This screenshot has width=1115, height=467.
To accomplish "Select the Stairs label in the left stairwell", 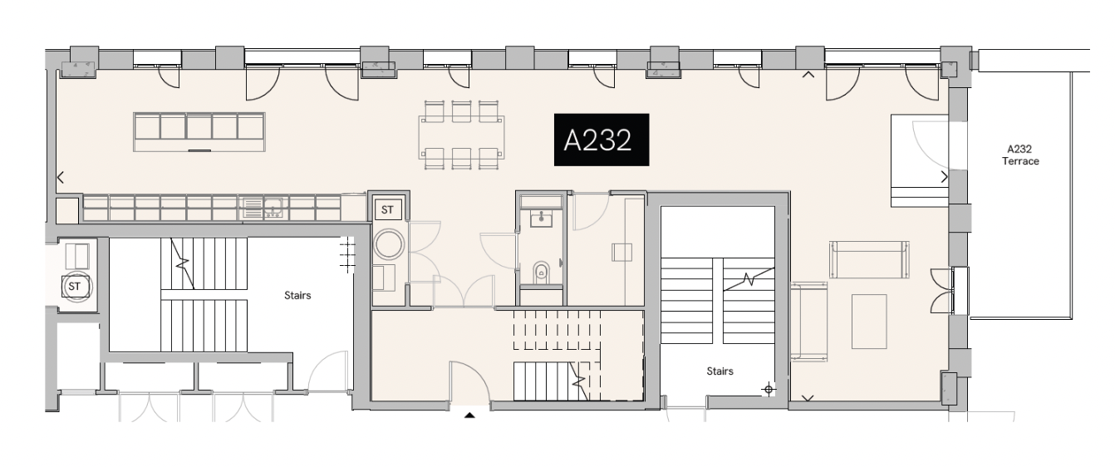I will (297, 294).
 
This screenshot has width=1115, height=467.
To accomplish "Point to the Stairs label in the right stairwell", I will (720, 371).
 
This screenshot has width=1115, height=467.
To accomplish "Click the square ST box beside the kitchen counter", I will (387, 210).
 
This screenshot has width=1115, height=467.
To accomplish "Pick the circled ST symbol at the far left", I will (76, 287).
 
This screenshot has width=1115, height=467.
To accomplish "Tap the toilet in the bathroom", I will (541, 271).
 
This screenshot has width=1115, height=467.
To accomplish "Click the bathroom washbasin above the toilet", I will (541, 218).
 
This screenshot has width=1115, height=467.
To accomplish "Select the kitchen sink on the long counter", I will (263, 208).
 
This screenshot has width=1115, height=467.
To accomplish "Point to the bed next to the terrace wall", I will (919, 161).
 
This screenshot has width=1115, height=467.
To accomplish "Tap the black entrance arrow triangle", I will (469, 415).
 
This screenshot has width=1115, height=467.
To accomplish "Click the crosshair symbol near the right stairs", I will (769, 388).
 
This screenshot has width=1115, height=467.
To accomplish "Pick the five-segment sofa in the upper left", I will (199, 131).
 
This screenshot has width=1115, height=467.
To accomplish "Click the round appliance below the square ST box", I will (388, 244).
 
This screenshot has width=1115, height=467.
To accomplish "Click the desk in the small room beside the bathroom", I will (622, 252).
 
